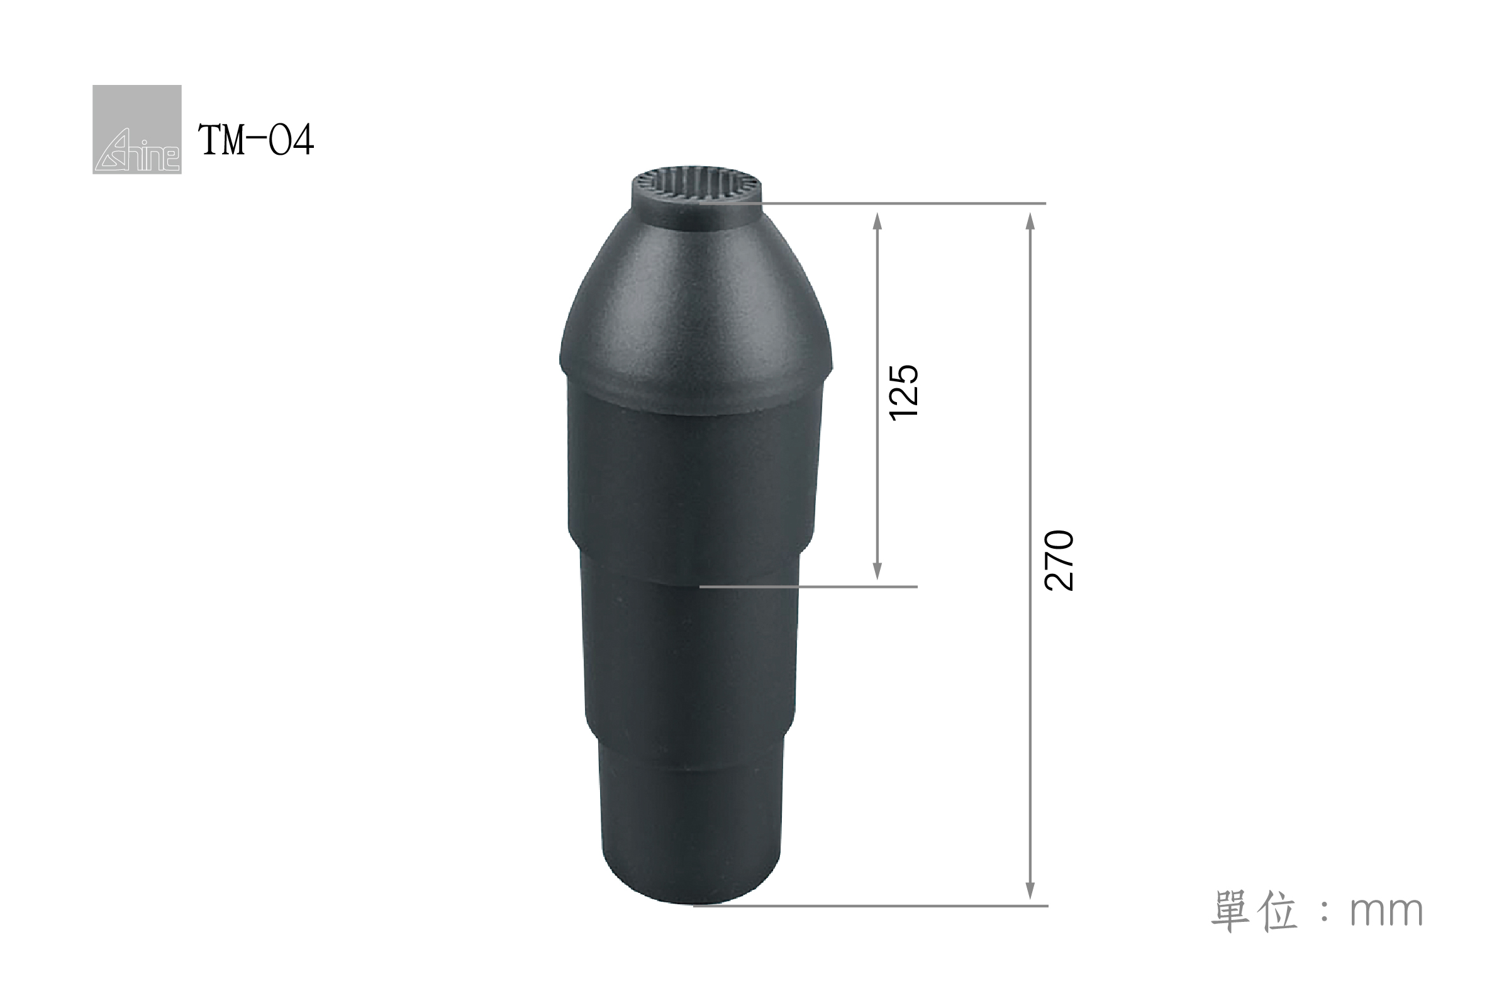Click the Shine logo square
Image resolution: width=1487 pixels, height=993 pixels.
click(136, 129)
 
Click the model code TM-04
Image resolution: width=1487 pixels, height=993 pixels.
click(256, 140)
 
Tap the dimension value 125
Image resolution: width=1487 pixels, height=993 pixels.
click(903, 393)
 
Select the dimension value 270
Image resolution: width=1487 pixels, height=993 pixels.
click(1059, 561)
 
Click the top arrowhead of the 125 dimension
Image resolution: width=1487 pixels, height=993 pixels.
click(877, 220)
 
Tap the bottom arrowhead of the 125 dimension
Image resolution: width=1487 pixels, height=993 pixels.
click(877, 571)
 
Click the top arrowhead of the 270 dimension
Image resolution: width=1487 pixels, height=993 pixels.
click(1030, 221)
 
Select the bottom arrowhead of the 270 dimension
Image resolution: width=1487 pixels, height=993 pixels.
click(1030, 890)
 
